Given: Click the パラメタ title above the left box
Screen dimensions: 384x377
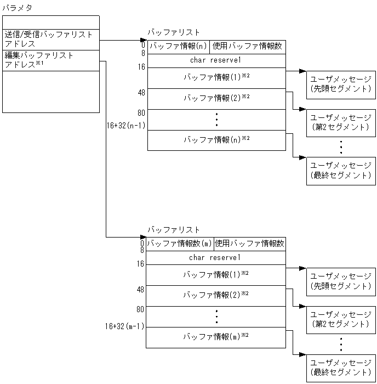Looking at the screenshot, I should (18, 8).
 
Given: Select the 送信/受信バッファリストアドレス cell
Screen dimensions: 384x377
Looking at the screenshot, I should (50, 39).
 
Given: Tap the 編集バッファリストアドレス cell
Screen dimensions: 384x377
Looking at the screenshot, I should (50, 60).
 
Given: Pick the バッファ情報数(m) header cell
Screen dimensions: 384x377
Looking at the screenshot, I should (179, 244).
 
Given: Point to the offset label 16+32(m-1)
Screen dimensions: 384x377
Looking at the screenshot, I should (124, 326).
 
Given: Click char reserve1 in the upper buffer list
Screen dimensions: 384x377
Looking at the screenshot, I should (216, 60).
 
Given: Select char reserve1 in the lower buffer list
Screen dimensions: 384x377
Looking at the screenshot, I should (215, 257).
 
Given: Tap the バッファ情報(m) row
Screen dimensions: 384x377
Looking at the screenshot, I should (215, 336).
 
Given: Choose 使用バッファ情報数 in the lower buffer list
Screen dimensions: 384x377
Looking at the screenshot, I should (249, 244).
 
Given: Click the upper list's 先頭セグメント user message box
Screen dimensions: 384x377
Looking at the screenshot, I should (341, 83).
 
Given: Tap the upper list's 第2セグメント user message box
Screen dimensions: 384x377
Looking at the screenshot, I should (341, 122).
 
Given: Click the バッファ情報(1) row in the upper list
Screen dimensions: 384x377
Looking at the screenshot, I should (216, 78).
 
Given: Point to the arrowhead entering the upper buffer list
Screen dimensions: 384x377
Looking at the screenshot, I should (144, 40).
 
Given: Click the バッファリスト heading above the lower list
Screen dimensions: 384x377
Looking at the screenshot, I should (174, 230).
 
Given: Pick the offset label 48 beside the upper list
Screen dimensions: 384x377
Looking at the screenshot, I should (141, 92).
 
